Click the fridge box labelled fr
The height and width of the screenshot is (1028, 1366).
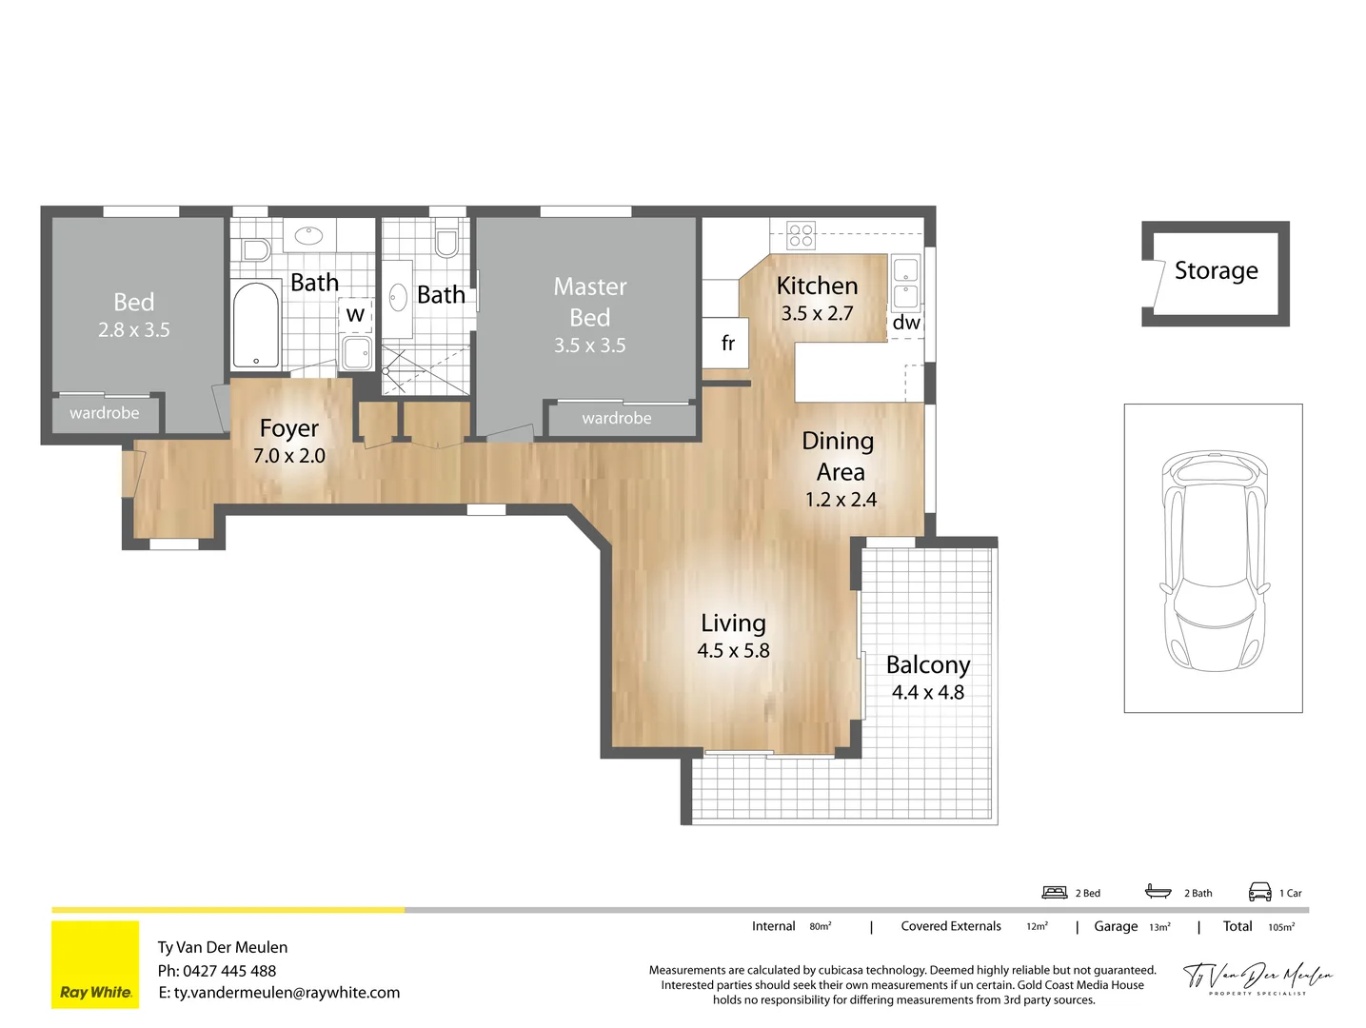pos(727,344)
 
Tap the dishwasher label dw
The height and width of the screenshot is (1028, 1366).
pos(905,324)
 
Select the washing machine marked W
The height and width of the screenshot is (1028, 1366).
pos(355,314)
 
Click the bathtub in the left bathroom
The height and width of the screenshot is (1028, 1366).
pos(256,325)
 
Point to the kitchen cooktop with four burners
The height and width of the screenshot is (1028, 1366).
pos(801,235)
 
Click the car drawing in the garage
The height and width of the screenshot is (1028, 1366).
pos(1214,561)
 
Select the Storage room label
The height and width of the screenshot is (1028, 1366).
pos(1216,271)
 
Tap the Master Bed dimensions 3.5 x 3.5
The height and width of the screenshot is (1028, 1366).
pos(589,346)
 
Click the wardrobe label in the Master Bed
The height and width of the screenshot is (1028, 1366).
pos(617,419)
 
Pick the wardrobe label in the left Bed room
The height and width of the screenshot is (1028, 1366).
pos(105,413)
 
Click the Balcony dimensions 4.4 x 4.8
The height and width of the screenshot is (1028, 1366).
pos(927,693)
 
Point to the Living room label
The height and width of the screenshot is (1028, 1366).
pos(733,623)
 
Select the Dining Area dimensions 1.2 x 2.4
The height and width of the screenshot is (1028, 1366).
pos(841,500)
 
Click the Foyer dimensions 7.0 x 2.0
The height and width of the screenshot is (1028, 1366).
pos(289,456)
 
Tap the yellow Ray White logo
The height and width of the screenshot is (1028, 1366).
pos(95,964)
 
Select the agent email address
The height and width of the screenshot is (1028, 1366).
pos(287,993)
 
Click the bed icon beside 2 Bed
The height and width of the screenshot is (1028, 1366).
pos(1055,892)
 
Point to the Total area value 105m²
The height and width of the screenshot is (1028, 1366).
pos(1281,927)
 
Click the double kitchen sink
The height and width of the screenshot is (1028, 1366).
pos(905,283)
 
